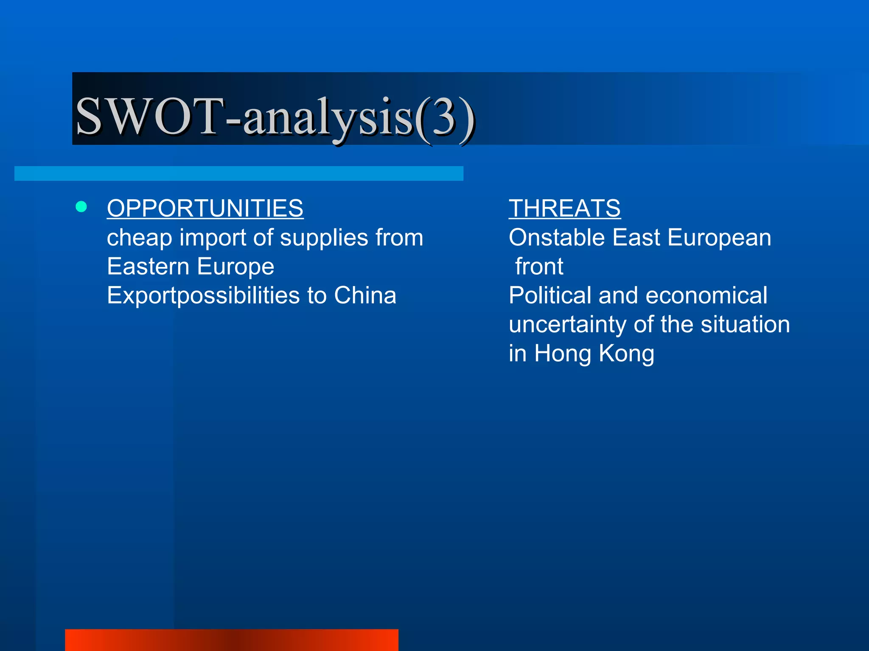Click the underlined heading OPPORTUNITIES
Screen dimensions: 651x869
click(x=205, y=209)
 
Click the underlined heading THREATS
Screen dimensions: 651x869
click(x=564, y=209)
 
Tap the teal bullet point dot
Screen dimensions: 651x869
click(x=81, y=207)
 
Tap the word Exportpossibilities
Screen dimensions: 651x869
click(x=203, y=296)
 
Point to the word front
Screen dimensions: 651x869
click(x=539, y=267)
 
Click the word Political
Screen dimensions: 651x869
click(x=550, y=295)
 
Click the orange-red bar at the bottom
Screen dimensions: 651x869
click(x=232, y=640)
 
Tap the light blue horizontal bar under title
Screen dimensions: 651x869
click(x=238, y=173)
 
